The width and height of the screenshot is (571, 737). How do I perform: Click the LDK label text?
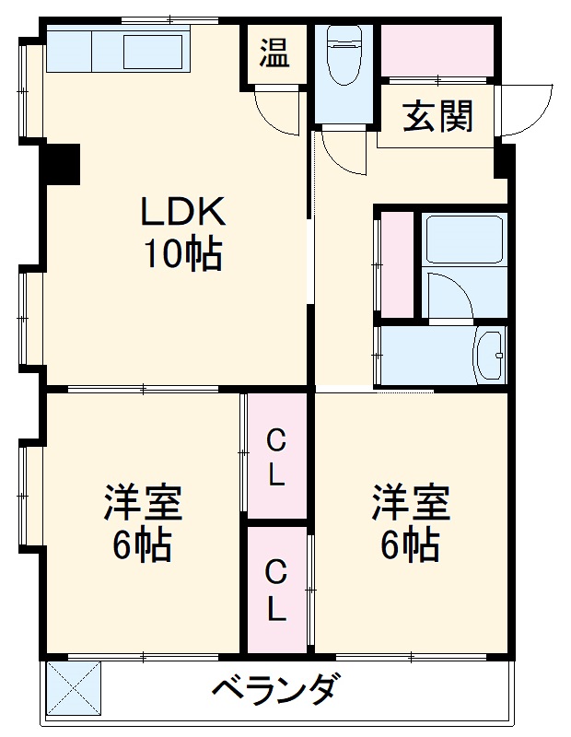(181, 214)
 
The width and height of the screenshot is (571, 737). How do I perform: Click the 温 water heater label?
(273, 53)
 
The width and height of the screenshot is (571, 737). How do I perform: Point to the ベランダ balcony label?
(275, 690)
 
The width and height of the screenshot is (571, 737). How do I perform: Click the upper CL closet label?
(275, 458)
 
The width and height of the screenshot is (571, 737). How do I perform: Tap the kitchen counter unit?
(117, 50)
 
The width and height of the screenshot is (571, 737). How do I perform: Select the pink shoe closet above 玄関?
(437, 51)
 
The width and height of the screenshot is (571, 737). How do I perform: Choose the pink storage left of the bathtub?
(398, 265)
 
